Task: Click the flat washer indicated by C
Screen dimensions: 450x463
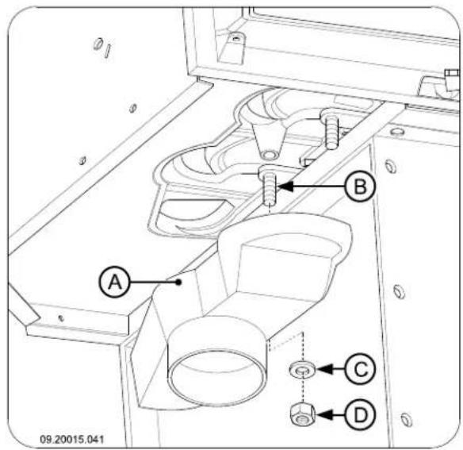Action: (299, 370)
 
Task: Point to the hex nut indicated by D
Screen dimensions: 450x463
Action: (299, 413)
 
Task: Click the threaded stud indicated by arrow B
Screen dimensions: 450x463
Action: (269, 188)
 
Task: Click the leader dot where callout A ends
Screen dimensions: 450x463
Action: (182, 279)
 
